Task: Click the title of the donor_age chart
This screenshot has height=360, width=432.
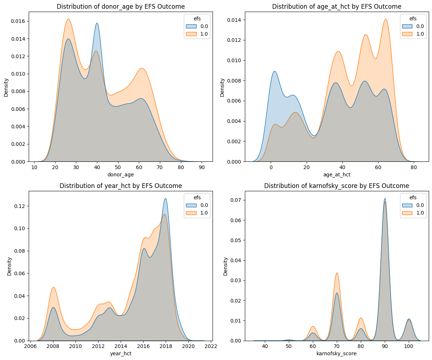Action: pyautogui.click(x=121, y=7)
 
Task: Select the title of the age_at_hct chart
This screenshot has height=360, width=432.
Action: pyautogui.click(x=336, y=7)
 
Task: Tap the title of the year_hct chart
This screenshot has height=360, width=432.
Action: pyautogui.click(x=121, y=186)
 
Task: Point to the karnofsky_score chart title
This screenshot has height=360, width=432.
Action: pyautogui.click(x=336, y=186)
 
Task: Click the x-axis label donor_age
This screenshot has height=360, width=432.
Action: pyautogui.click(x=121, y=175)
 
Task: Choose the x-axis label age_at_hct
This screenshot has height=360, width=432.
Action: pyautogui.click(x=336, y=175)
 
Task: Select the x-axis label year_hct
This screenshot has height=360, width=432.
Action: pyautogui.click(x=121, y=354)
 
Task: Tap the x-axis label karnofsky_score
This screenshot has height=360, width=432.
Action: pyautogui.click(x=336, y=354)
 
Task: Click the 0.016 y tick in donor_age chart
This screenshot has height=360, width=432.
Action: pyautogui.click(x=19, y=21)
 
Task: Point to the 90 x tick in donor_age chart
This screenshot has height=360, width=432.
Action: pyautogui.click(x=201, y=167)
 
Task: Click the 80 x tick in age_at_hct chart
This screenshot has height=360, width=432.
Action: pyautogui.click(x=413, y=167)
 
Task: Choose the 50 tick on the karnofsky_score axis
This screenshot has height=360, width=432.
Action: pyautogui.click(x=288, y=347)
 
